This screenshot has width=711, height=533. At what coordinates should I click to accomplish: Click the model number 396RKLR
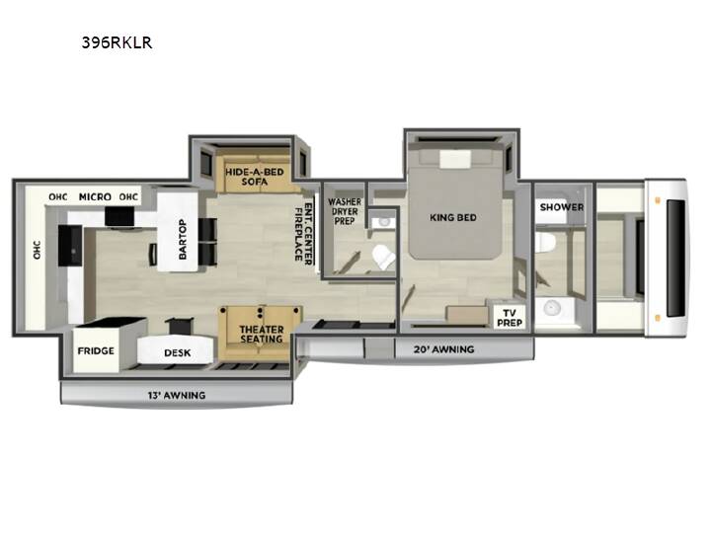pyautogui.click(x=117, y=42)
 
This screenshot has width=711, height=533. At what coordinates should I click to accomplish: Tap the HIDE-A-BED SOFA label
pyautogui.click(x=255, y=177)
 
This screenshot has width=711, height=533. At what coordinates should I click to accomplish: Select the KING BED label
pyautogui.click(x=453, y=217)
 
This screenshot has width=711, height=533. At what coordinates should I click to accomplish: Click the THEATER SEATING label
pyautogui.click(x=262, y=334)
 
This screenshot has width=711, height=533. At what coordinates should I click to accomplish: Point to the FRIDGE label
pyautogui.click(x=96, y=350)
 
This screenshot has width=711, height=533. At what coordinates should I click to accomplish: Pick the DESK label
pyautogui.click(x=178, y=352)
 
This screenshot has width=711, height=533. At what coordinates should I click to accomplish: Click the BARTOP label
pyautogui.click(x=183, y=239)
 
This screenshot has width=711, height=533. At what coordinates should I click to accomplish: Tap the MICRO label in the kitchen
pyautogui.click(x=95, y=196)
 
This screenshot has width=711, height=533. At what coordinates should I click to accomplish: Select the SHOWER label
pyautogui.click(x=562, y=207)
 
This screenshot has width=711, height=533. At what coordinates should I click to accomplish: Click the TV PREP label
pyautogui.click(x=510, y=318)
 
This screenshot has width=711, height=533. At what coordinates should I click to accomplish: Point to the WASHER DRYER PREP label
pyautogui.click(x=345, y=211)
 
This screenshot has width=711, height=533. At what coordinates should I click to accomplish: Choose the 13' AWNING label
pyautogui.click(x=177, y=395)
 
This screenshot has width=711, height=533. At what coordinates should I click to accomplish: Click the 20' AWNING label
pyautogui.click(x=444, y=349)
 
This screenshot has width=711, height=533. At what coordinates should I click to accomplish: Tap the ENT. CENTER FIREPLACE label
pyautogui.click(x=303, y=233)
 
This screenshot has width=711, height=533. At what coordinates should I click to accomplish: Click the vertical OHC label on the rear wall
pyautogui.click(x=37, y=250)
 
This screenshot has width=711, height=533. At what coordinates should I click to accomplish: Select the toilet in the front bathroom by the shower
pyautogui.click(x=545, y=243)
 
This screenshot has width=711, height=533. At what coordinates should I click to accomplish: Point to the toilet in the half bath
pyautogui.click(x=383, y=257)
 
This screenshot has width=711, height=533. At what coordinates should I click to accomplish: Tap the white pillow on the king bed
pyautogui.click(x=455, y=159)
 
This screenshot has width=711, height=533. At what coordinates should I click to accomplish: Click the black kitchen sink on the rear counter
pyautogui.click(x=71, y=245)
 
